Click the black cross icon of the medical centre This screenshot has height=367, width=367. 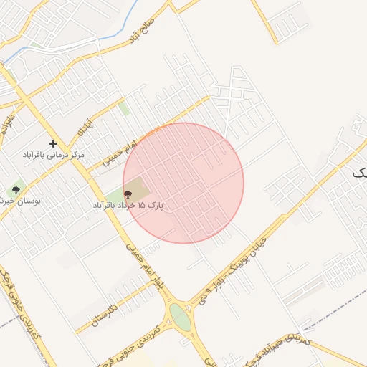53,144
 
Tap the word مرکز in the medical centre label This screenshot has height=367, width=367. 75,155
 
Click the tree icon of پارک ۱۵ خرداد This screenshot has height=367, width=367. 128,194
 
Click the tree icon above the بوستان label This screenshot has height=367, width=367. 16,190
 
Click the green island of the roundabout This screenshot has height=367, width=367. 180,318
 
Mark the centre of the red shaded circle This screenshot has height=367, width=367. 183,183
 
